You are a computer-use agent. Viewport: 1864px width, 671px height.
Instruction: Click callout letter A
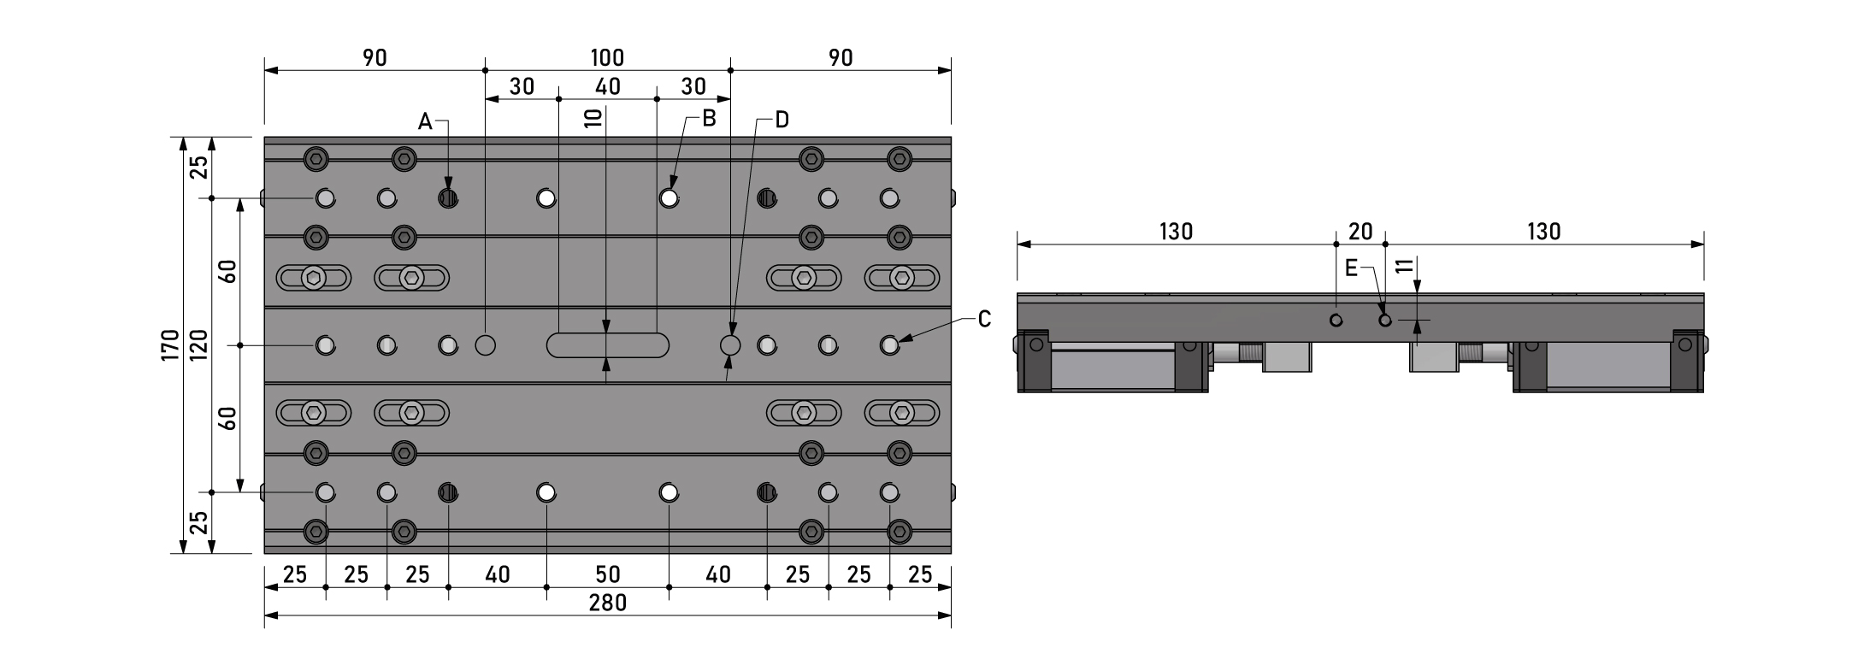click(x=425, y=122)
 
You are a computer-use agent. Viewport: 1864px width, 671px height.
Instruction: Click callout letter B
click(x=709, y=119)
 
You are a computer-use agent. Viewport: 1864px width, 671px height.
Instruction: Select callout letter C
click(x=984, y=319)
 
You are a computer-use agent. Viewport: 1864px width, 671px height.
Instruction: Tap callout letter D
click(x=782, y=120)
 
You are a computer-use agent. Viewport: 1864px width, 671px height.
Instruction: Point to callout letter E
click(x=1351, y=268)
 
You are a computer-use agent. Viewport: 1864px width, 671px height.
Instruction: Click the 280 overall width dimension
click(x=608, y=603)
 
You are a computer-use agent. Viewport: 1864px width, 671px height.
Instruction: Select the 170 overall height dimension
click(x=170, y=344)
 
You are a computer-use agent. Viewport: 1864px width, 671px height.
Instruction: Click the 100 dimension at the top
click(x=608, y=58)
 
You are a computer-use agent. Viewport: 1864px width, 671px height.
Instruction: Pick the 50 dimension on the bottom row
click(x=608, y=574)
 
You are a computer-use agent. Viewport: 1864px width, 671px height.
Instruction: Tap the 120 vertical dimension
click(x=198, y=344)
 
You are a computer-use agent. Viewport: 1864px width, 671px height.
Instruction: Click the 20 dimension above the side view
click(x=1360, y=232)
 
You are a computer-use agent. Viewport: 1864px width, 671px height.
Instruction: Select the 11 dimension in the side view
click(x=1402, y=266)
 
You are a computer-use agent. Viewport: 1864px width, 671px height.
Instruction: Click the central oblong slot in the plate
click(x=608, y=345)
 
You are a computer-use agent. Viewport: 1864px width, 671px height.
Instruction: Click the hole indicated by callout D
click(x=730, y=345)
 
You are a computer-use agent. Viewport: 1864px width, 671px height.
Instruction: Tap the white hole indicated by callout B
click(x=670, y=199)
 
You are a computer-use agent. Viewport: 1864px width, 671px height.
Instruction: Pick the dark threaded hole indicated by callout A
click(x=448, y=199)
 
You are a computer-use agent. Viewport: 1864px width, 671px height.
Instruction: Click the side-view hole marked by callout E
click(x=1385, y=321)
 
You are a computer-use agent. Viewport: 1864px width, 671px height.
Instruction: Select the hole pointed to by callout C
click(x=889, y=345)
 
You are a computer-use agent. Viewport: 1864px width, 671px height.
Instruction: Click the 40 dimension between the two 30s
click(x=608, y=86)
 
